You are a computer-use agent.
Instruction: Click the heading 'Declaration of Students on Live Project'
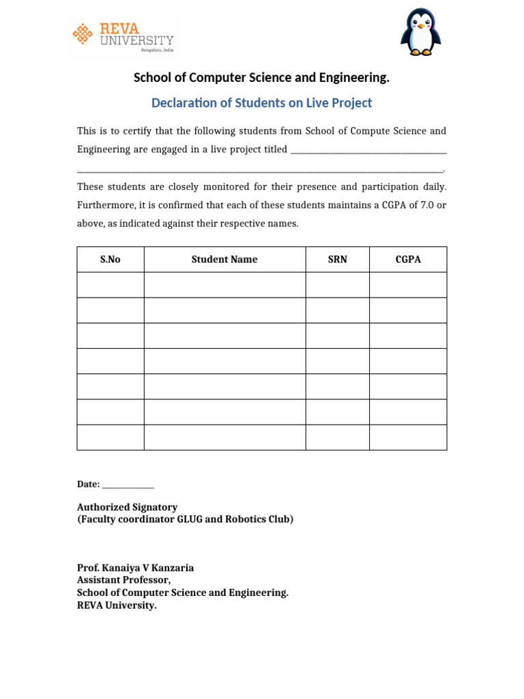261,103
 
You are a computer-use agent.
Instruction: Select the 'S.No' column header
110,259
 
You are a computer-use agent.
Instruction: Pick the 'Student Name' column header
224,259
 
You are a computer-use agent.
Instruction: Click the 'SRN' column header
337,259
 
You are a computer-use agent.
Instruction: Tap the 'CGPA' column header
408,259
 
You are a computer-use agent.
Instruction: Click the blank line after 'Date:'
128,485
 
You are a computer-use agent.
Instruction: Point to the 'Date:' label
88,484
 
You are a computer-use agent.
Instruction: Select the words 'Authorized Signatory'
127,507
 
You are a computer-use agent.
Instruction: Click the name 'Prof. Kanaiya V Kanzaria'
135,568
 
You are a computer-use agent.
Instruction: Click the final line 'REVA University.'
117,605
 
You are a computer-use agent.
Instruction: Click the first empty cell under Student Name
224,285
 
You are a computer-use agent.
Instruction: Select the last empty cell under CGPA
408,438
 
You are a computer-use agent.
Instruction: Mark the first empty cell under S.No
110,285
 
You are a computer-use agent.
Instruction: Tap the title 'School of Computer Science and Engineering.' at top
261,78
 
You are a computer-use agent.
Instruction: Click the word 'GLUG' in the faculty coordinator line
190,519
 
